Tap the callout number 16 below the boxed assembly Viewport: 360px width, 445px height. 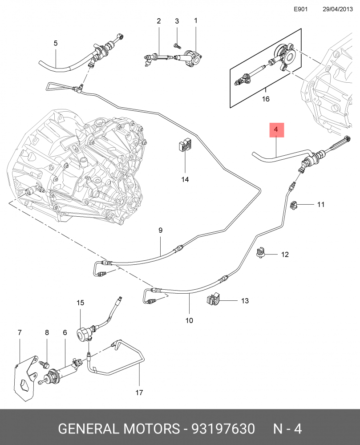pyautogui.click(x=266, y=99)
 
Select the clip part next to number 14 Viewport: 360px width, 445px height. pyautogui.click(x=184, y=146)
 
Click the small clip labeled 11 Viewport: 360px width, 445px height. pyautogui.click(x=293, y=205)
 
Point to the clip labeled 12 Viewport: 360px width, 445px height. pyautogui.click(x=260, y=253)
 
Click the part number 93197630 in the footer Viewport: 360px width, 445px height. pyautogui.click(x=223, y=429)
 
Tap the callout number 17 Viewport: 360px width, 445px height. pyautogui.click(x=139, y=392)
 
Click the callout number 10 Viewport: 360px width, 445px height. pyautogui.click(x=189, y=320)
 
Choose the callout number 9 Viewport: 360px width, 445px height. pyautogui.click(x=161, y=230)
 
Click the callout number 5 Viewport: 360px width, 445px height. pyautogui.click(x=56, y=43)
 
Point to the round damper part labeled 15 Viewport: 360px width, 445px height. pyautogui.click(x=83, y=334)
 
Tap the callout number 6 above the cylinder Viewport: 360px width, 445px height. pyautogui.click(x=65, y=332)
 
